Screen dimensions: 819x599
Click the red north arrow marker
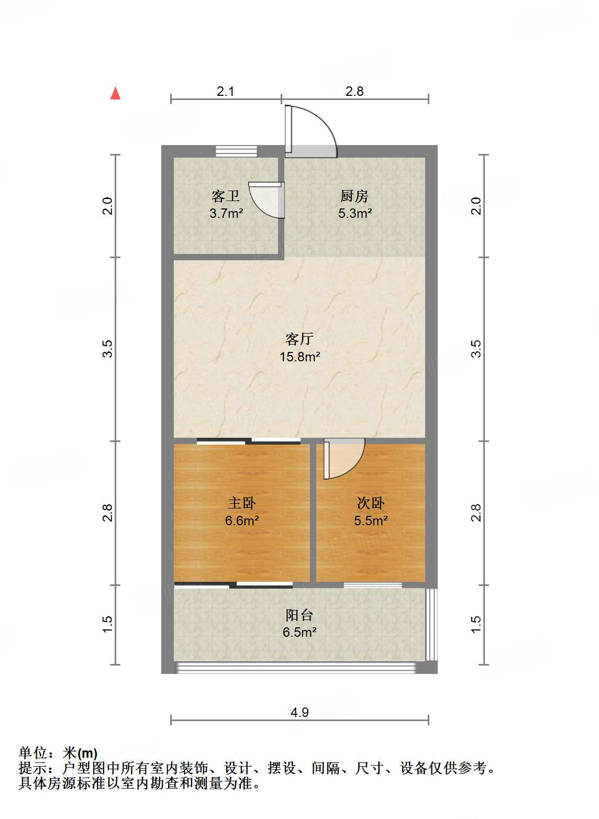coord(115,93)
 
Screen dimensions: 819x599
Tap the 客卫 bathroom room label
coord(226,196)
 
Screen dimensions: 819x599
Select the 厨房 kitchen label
coord(354,196)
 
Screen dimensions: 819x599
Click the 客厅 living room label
coord(299,339)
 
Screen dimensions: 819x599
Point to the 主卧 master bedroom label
coord(242,503)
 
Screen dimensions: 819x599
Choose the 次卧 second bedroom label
coord(371,503)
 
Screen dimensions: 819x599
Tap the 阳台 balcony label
coord(299,615)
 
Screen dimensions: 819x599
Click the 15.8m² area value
coord(299,357)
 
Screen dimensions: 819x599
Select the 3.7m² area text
coord(226,213)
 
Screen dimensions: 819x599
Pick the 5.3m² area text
coord(355,213)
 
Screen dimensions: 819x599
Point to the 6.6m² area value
coord(242,521)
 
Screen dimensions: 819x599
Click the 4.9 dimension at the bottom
coord(299,712)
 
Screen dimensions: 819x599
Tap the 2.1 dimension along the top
coord(225,91)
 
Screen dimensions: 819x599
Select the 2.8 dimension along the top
coord(354,91)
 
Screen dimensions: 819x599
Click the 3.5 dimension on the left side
coord(107,349)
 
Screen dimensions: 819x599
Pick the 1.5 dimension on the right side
coord(476,624)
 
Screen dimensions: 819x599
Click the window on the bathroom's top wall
coord(237,151)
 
